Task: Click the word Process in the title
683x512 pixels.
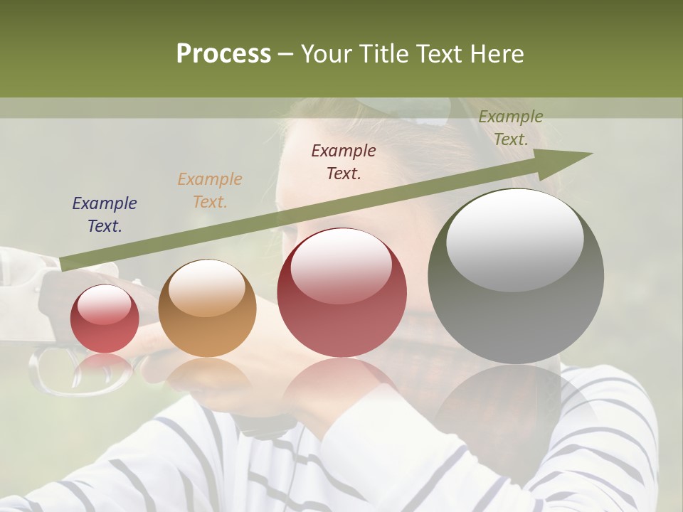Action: click(223, 54)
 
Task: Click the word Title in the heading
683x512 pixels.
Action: click(383, 54)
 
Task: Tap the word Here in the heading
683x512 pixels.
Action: click(497, 54)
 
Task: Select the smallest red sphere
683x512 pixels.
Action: click(105, 319)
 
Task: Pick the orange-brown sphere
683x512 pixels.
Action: click(207, 308)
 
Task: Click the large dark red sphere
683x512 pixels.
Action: click(341, 292)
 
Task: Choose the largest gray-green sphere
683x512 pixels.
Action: click(516, 277)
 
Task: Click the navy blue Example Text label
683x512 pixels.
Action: click(105, 215)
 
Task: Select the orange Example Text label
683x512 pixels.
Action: click(210, 191)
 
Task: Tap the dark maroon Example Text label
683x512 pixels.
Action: click(344, 161)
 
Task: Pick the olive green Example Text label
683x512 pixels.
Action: click(511, 128)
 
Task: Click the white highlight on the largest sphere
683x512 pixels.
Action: click(515, 240)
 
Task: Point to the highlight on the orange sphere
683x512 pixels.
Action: click(206, 287)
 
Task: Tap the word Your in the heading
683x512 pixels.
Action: click(328, 54)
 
